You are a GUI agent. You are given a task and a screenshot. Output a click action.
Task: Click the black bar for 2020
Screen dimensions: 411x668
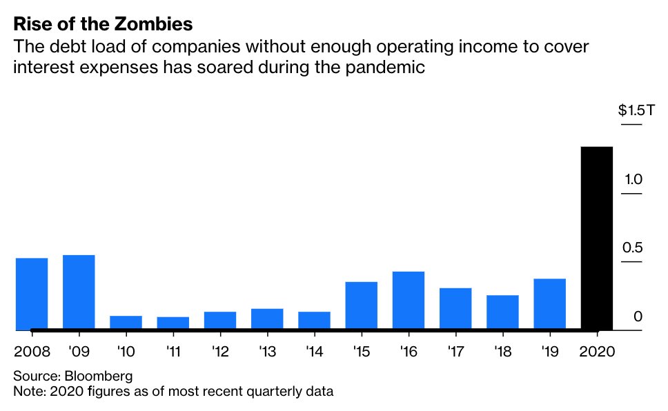(597, 238)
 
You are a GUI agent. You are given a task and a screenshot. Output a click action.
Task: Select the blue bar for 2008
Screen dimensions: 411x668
(32, 294)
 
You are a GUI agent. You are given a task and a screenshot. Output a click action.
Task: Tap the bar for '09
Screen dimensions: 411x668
(79, 292)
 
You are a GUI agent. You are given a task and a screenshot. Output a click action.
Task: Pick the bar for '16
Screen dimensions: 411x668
(409, 301)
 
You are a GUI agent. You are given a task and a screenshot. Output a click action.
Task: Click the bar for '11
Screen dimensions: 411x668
(173, 323)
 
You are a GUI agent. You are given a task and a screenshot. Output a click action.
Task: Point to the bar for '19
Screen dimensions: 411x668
(549, 304)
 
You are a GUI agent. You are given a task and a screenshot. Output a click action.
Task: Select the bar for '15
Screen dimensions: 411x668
(362, 305)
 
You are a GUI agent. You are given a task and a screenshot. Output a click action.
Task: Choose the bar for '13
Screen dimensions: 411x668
(267, 319)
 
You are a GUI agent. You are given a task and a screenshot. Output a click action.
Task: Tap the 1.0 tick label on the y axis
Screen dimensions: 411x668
(633, 179)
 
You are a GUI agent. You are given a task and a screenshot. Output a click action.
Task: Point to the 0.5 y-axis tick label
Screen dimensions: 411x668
(633, 248)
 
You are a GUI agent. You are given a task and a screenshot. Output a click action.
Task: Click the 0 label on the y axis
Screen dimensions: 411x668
(638, 317)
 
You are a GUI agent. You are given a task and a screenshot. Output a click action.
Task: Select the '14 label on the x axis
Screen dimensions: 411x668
(314, 351)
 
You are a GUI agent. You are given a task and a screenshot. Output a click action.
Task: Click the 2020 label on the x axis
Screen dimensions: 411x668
(596, 351)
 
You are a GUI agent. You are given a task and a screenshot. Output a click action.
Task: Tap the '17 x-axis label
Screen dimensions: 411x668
(455, 351)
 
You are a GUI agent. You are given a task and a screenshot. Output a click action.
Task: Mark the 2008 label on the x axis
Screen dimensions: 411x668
(32, 351)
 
